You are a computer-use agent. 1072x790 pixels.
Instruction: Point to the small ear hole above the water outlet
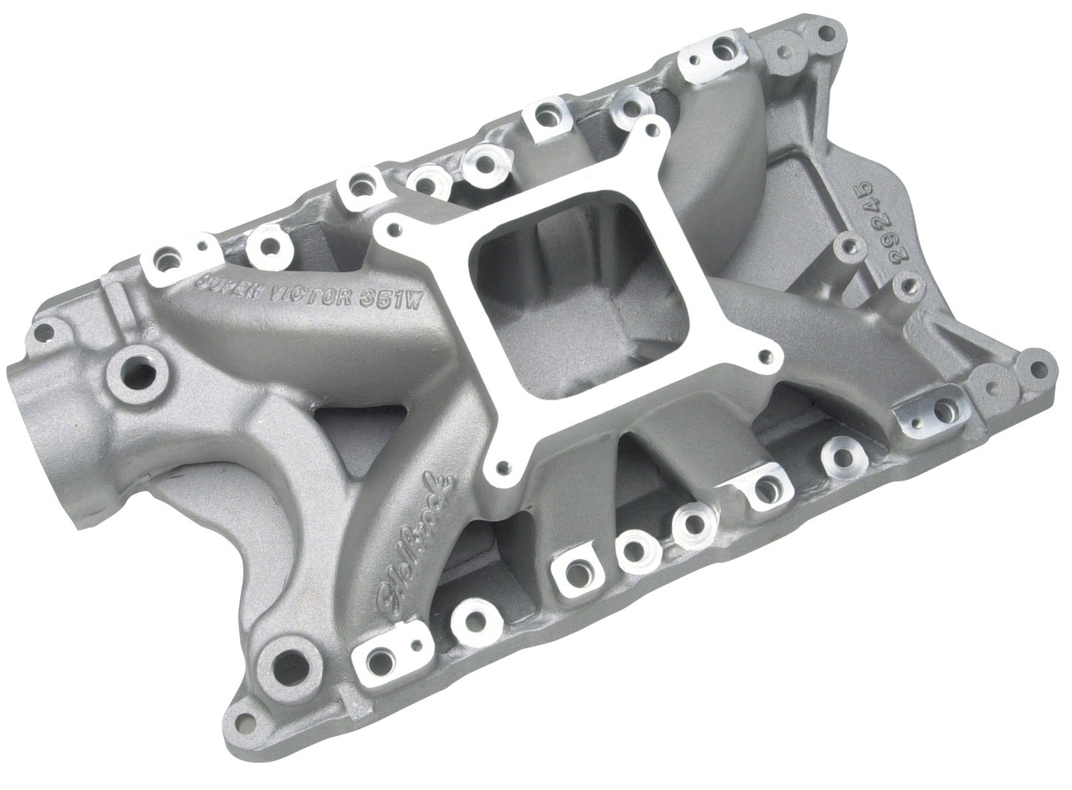coord(51,326)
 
